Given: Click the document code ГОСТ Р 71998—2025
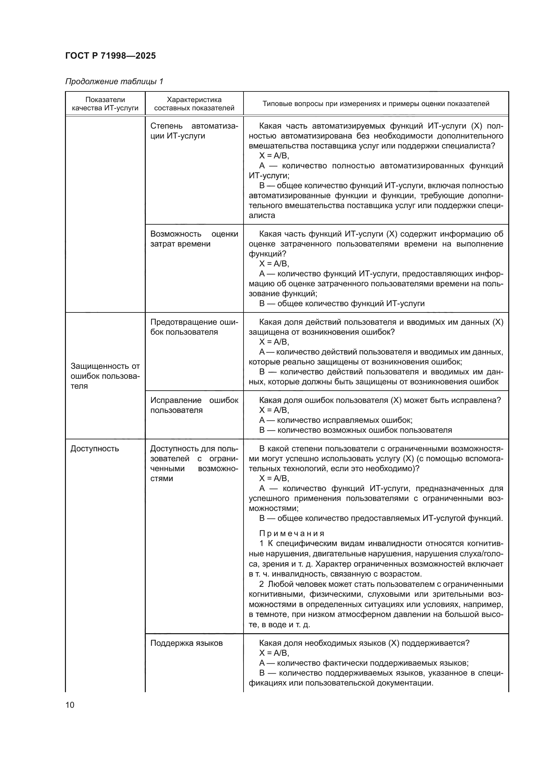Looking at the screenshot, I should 110,56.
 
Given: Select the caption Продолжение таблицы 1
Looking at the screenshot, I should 114,82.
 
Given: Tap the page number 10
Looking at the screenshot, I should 70,705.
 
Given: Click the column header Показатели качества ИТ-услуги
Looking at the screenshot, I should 105,104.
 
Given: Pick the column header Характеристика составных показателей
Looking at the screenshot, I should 194,104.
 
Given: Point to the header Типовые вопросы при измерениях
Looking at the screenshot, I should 376,104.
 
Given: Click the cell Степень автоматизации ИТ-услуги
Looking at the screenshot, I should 194,131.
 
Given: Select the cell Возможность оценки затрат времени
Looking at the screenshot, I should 194,239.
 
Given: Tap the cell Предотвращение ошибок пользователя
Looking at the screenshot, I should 194,327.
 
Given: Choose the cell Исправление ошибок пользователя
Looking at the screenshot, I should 194,405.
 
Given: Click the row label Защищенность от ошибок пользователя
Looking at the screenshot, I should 105,376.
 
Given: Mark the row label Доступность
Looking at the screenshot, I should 94,449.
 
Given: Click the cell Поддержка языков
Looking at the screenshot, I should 186,643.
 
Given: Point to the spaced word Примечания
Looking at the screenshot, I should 292,533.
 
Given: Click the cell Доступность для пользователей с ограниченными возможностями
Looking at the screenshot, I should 194,464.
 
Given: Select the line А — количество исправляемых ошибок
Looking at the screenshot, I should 335,420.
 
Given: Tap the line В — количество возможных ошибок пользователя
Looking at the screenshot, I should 355,430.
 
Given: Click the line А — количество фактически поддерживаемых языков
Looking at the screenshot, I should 363,663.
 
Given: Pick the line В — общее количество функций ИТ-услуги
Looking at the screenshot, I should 342,304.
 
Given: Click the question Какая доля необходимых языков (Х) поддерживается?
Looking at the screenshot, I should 364,643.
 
